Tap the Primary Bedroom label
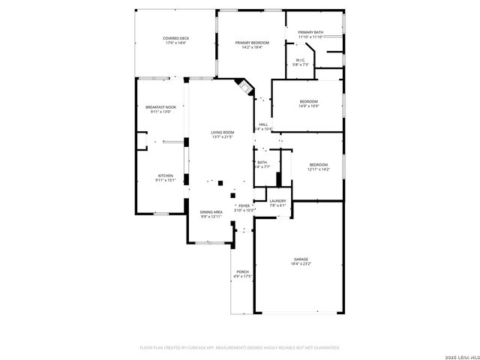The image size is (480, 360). click(x=252, y=43)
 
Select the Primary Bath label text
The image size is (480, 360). click(x=310, y=32)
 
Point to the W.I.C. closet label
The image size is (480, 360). click(x=300, y=60)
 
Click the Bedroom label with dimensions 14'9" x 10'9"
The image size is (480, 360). click(x=308, y=101)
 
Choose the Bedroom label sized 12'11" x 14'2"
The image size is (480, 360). click(x=319, y=164)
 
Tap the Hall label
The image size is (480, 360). click(x=263, y=124)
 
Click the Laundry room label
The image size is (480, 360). click(x=278, y=200)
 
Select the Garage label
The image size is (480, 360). click(x=301, y=259)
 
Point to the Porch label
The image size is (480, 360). click(x=242, y=271)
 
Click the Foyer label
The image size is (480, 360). click(x=244, y=205)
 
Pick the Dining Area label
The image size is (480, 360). click(x=211, y=212)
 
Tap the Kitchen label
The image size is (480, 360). click(x=165, y=175)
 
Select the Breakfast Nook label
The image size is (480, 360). click(x=160, y=107)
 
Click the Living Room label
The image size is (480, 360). click(x=223, y=132)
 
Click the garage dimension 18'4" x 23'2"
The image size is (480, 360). click(x=301, y=264)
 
